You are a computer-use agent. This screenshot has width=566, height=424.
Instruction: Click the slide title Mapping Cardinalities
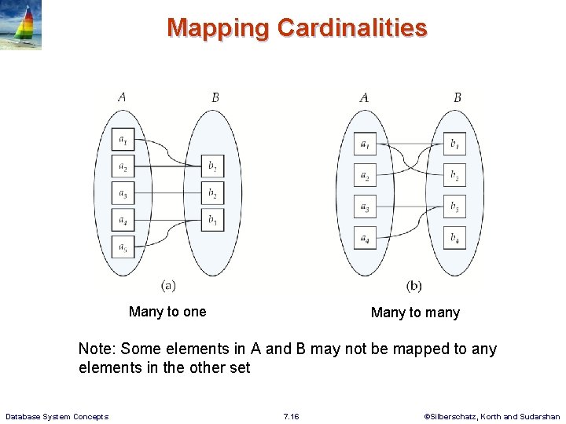coord(296,28)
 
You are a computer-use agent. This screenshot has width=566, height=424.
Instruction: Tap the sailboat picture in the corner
coord(21,25)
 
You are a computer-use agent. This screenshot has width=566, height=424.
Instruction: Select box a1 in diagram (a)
coord(123,141)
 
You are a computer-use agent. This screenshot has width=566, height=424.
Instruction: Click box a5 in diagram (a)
coord(123,247)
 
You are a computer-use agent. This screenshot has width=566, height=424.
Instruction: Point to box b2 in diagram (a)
coord(212,194)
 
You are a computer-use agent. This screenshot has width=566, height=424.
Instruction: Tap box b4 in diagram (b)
coord(454,236)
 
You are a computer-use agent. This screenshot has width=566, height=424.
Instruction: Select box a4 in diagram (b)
coord(365,236)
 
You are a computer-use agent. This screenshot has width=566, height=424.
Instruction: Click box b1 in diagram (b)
coord(454,144)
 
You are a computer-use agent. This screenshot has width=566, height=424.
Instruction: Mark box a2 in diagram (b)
coord(365,175)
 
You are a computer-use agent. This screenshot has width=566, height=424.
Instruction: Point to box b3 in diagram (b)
coord(454,207)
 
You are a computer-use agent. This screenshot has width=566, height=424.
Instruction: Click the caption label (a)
coord(168,285)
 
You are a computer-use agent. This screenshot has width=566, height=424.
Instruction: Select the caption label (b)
coord(413,286)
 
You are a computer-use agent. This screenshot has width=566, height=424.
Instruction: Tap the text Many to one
coord(167,312)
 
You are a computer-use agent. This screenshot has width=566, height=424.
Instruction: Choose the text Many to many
coord(415,313)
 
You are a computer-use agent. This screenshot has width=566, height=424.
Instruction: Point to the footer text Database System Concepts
coord(57,416)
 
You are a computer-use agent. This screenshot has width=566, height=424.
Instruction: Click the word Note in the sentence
coord(96,349)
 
